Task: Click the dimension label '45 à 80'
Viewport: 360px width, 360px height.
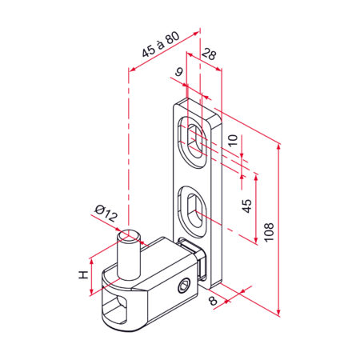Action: click(161, 44)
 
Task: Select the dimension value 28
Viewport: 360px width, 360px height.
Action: click(209, 54)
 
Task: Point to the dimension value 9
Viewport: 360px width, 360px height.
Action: click(178, 72)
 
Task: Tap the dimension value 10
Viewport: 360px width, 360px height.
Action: click(233, 140)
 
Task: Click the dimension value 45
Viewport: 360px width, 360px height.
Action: click(246, 206)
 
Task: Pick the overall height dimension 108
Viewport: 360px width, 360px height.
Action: click(269, 232)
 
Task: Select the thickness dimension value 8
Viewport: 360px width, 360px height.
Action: click(214, 301)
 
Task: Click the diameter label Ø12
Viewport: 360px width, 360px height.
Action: click(106, 213)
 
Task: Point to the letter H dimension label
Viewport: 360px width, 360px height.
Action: click(83, 274)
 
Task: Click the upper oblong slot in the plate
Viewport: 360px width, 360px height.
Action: click(193, 142)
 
